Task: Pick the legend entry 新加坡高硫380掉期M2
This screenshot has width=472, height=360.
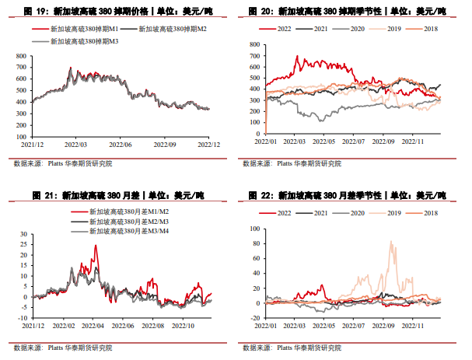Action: (176, 28)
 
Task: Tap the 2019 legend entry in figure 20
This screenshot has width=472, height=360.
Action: (393, 28)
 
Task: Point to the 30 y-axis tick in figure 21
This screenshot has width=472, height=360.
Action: (23, 234)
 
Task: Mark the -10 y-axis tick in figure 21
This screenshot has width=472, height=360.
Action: (22, 318)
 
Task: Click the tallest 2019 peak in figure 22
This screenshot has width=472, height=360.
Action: (390, 241)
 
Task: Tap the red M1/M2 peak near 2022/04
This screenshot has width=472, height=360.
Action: (96, 246)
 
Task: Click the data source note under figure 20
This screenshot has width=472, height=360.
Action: (294, 163)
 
